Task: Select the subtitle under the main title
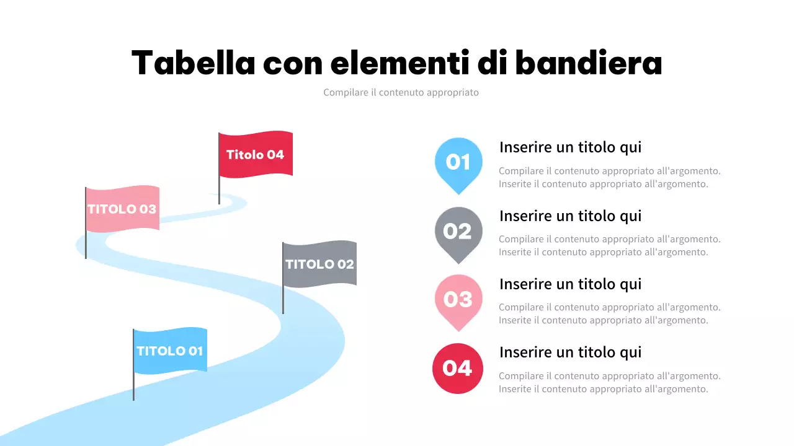pos(401,92)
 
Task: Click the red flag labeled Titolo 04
pos(256,154)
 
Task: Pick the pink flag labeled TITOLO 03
pos(122,209)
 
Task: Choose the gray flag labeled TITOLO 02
pos(319,264)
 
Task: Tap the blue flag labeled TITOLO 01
pos(170,351)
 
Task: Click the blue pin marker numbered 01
pos(458,162)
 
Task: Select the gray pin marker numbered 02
pos(458,231)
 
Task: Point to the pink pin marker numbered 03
pos(458,299)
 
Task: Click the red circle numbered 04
pos(458,368)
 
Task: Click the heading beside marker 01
pos(570,147)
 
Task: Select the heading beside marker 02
pos(570,216)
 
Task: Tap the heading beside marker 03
pos(570,284)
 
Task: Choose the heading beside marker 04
pos(570,352)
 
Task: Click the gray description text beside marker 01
pos(609,177)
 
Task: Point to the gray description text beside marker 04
pos(609,382)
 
